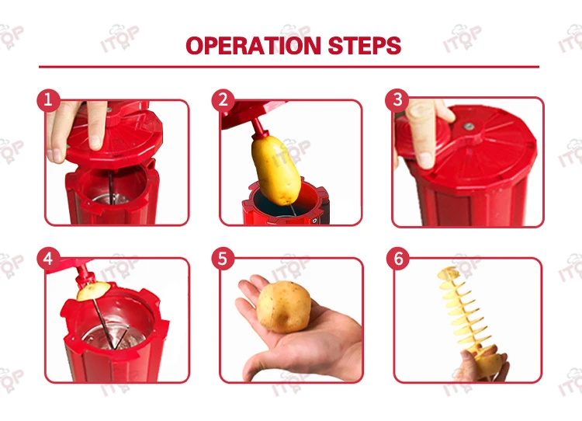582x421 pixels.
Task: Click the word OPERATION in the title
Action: click(253, 46)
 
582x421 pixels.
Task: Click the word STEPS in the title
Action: click(365, 46)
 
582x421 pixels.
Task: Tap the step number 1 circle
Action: click(48, 100)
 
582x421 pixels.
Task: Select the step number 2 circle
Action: click(223, 100)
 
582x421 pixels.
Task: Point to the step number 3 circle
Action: click(397, 100)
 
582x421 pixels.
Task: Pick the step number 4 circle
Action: click(48, 258)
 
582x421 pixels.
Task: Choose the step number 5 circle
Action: click(223, 258)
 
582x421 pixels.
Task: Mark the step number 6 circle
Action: click(398, 258)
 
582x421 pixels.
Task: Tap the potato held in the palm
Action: click(284, 307)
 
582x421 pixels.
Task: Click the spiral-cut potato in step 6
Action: click(469, 319)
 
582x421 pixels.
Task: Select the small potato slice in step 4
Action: click(94, 291)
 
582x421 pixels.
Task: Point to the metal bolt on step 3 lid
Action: click(469, 127)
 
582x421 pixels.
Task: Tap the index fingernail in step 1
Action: click(95, 142)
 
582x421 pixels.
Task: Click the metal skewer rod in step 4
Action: click(104, 323)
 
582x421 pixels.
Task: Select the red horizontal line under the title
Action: click(289, 67)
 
